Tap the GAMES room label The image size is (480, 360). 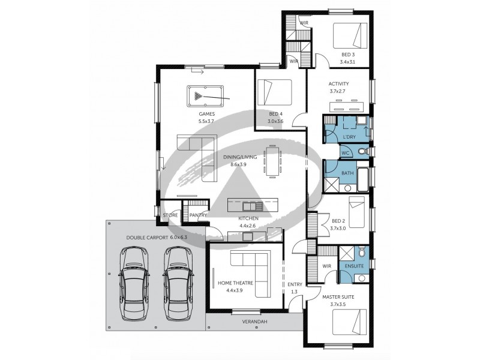click(206, 113)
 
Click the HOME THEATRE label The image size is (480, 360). click(235, 283)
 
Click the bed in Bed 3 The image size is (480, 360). click(350, 35)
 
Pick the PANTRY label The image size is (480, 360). click(198, 215)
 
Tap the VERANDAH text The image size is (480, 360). click(254, 322)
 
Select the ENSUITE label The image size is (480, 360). click(354, 265)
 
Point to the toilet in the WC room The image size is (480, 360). click(361, 152)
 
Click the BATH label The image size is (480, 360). click(347, 173)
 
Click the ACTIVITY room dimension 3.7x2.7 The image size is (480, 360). click(338, 91)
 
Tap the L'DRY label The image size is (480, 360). click(349, 137)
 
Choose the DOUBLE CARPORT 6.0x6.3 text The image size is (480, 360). click(156, 238)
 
